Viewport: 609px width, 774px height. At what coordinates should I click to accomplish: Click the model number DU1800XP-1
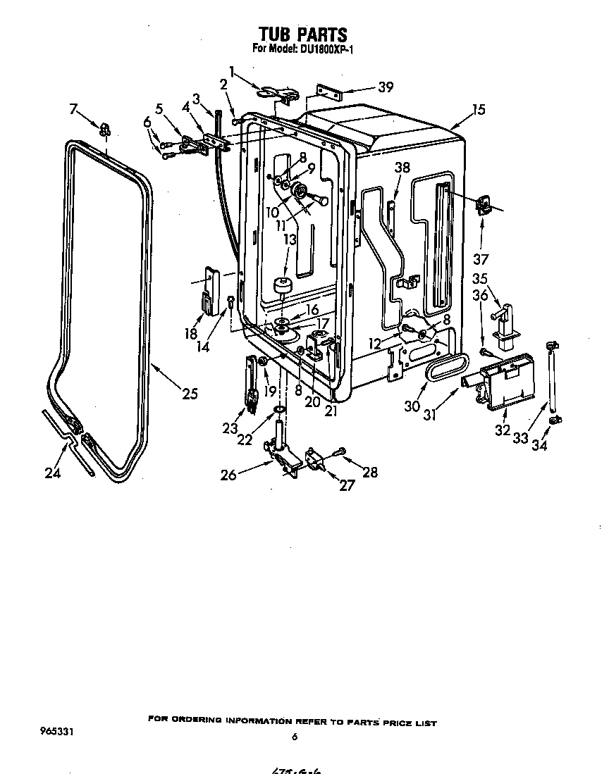pyautogui.click(x=321, y=50)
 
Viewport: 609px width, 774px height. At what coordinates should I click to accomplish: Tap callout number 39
pyautogui.click(x=386, y=87)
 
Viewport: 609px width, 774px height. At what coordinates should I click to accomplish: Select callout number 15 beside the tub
pyautogui.click(x=479, y=110)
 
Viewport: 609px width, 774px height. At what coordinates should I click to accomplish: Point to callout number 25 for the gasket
pyautogui.click(x=190, y=394)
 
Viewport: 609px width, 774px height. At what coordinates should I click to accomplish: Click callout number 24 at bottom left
pyautogui.click(x=53, y=473)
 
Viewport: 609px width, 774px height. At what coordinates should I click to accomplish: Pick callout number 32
pyautogui.click(x=502, y=430)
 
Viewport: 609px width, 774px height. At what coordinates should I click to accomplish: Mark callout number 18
pyautogui.click(x=191, y=333)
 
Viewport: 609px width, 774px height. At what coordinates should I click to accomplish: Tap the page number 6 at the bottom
pyautogui.click(x=295, y=737)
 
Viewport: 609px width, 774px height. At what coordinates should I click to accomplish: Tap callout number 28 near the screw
pyautogui.click(x=369, y=472)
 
